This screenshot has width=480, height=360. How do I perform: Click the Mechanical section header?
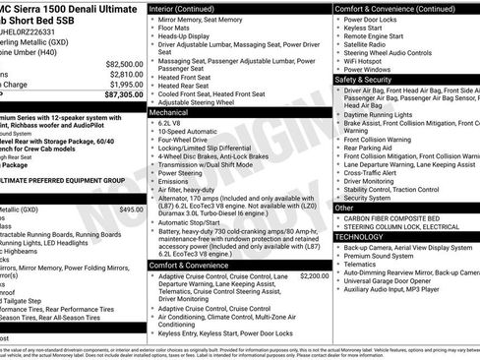176,113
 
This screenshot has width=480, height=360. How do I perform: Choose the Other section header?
344,208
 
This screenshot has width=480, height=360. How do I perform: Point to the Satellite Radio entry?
373,43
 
